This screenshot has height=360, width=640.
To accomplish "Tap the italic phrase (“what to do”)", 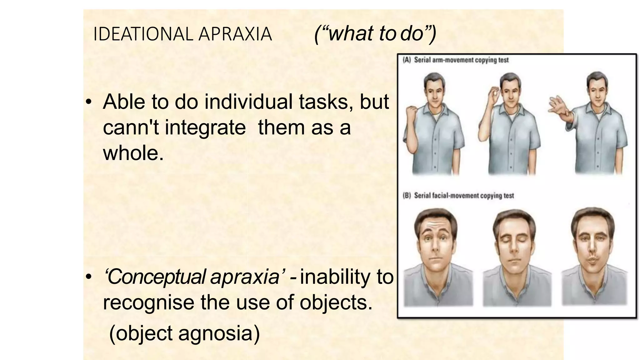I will point(375,33).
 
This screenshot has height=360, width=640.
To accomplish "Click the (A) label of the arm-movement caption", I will point(407,60).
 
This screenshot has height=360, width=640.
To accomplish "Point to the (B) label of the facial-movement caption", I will point(407,196).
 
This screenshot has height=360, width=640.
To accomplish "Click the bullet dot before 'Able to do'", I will point(89,102).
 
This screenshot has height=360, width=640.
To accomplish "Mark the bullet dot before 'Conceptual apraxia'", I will point(89,277).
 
